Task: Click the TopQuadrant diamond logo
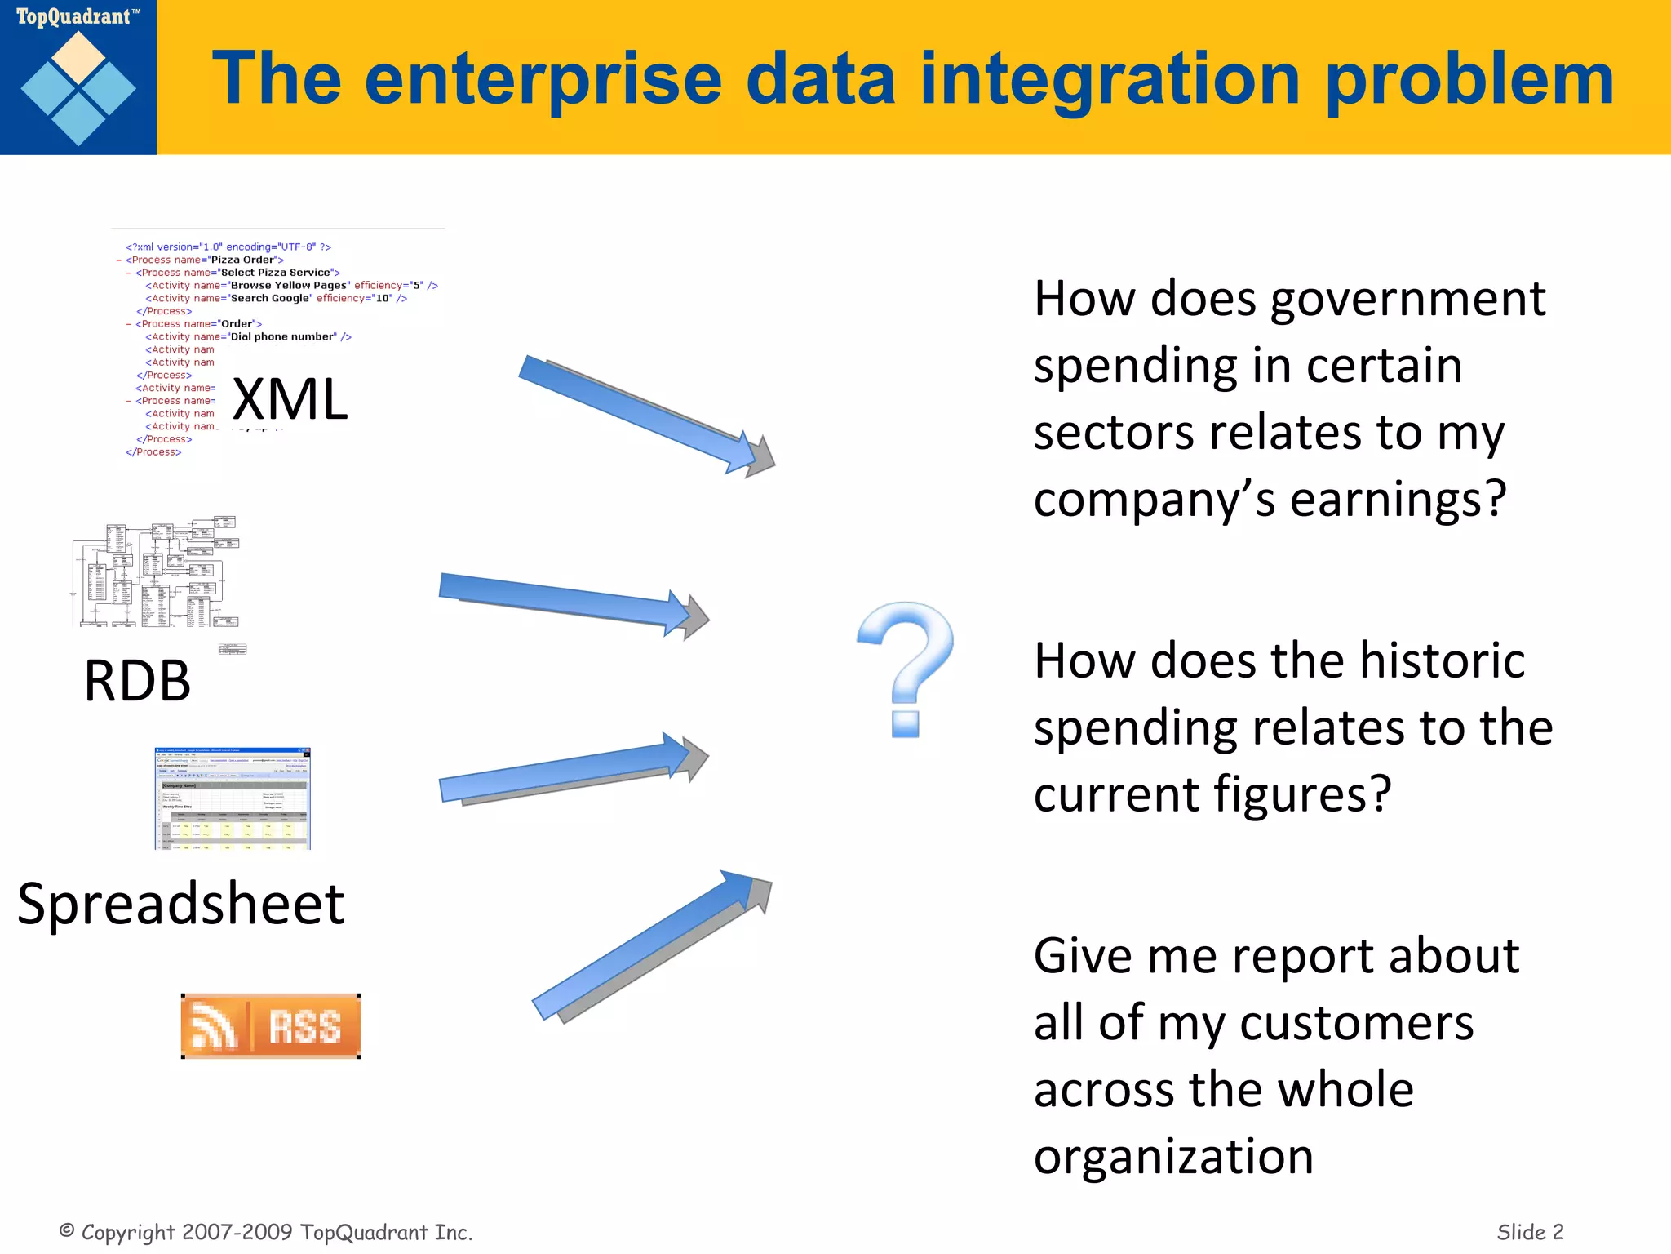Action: [78, 88]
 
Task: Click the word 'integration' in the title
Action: [1110, 80]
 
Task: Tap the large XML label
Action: [290, 400]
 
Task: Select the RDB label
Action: [137, 681]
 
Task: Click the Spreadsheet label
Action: [181, 905]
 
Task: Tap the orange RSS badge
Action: [271, 1026]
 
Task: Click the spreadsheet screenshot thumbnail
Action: [233, 798]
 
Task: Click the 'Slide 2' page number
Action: [1530, 1232]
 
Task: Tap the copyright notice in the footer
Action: [266, 1232]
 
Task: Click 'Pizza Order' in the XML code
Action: [243, 260]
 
